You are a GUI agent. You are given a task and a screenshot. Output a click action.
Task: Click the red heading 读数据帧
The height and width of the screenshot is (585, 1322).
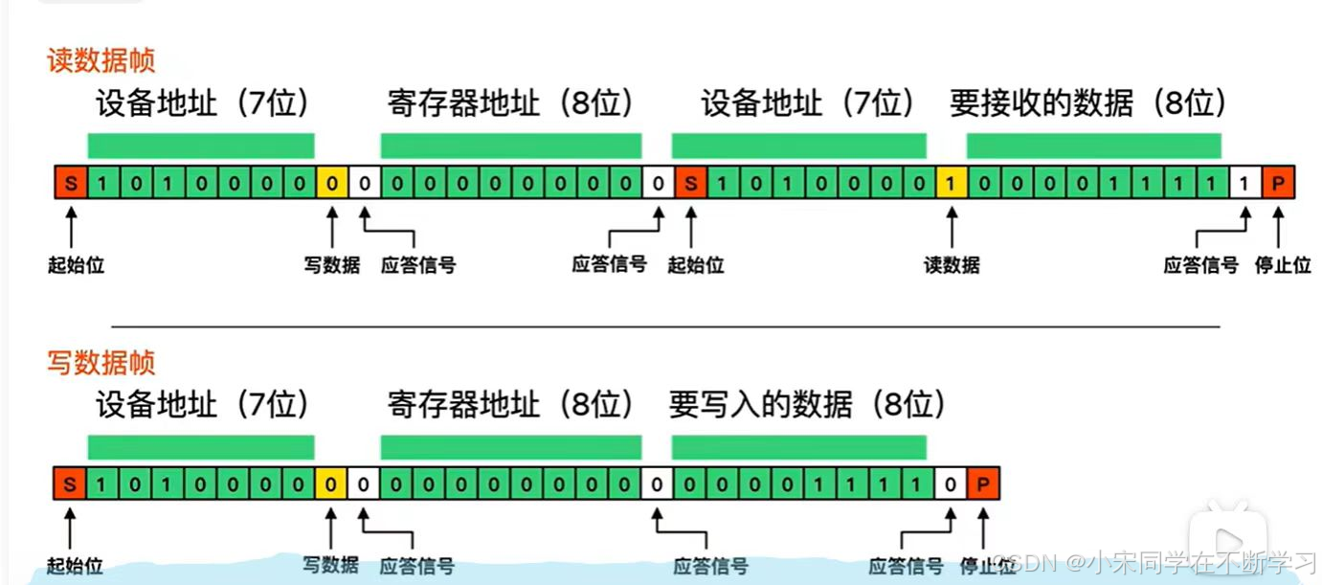click(101, 61)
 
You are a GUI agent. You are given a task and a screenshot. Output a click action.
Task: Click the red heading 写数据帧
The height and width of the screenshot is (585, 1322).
click(101, 363)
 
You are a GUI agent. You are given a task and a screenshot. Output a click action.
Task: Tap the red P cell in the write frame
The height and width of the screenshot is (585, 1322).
click(983, 484)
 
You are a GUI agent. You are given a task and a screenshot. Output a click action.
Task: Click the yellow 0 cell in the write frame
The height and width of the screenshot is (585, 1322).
click(331, 484)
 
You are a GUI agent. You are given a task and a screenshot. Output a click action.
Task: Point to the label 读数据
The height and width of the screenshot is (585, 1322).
click(952, 265)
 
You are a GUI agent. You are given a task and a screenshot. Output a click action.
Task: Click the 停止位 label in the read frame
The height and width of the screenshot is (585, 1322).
click(1282, 265)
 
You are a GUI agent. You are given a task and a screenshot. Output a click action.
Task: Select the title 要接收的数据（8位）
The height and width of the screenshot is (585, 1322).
click(1087, 103)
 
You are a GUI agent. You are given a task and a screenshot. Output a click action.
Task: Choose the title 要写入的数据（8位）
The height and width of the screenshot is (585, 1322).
click(807, 405)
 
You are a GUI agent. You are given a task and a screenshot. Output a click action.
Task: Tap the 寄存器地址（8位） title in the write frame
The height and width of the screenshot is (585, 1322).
click(510, 405)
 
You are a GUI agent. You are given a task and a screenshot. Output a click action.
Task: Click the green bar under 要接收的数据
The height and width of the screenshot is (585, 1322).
click(1093, 146)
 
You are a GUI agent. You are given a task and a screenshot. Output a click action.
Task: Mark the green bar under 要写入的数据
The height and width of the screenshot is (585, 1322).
click(798, 447)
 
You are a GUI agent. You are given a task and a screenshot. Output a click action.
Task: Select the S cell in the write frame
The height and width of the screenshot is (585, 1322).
click(70, 484)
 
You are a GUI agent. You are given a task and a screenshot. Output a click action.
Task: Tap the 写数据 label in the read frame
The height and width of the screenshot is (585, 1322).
click(331, 265)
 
